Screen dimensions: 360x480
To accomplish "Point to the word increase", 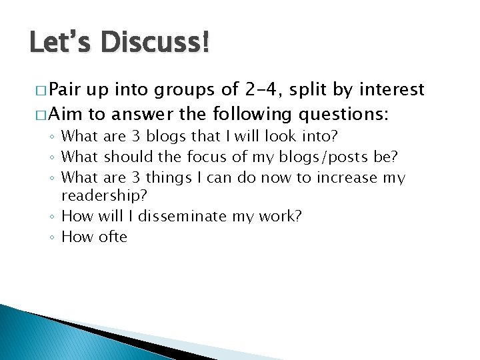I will coord(345,178).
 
